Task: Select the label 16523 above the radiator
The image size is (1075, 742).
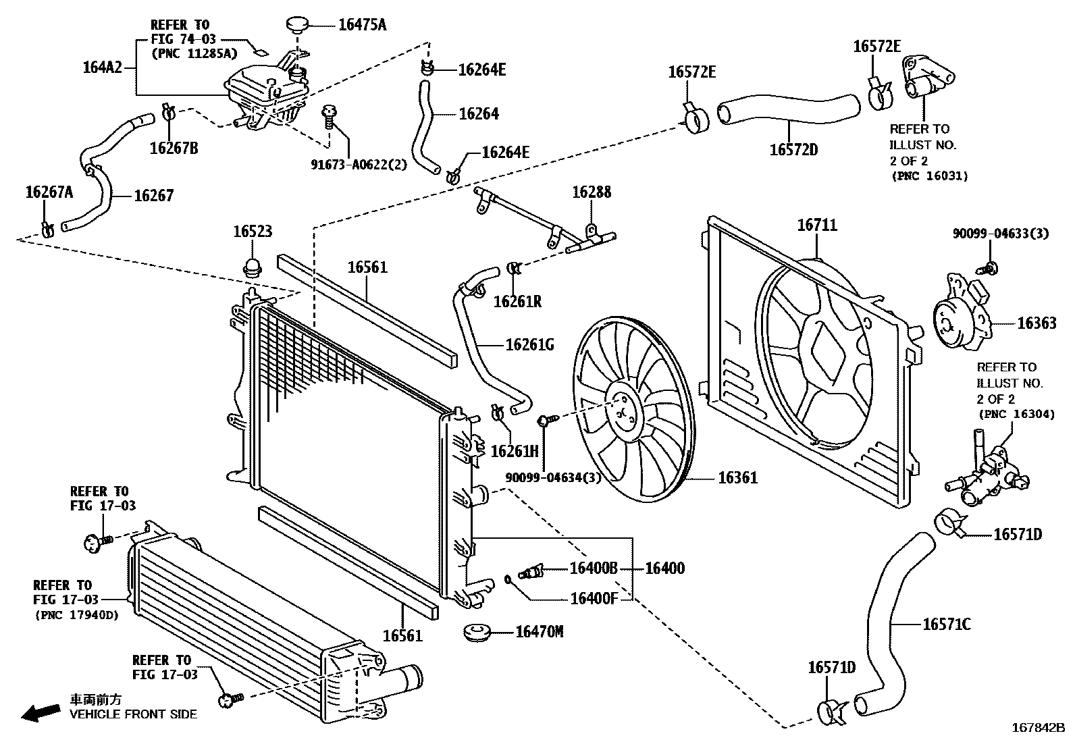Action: click(253, 232)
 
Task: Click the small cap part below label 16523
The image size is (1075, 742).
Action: click(253, 267)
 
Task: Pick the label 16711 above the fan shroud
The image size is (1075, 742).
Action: click(817, 225)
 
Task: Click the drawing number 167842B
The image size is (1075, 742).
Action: click(1037, 728)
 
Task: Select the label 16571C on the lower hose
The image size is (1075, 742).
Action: click(946, 625)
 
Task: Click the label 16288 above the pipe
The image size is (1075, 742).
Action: click(592, 192)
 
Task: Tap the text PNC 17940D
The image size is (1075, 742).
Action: click(76, 614)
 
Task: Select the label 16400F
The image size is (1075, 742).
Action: click(594, 598)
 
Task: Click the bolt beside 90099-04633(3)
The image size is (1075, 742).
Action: click(990, 268)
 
